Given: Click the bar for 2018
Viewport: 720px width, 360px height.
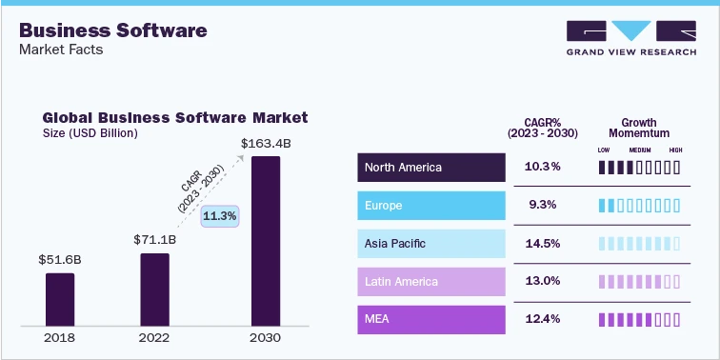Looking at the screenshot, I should tap(60, 299).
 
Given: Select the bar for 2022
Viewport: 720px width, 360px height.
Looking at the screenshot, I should tap(154, 289).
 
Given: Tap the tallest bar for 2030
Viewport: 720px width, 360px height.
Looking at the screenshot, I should tap(266, 241).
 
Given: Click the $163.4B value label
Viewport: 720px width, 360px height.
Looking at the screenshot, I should tap(266, 144).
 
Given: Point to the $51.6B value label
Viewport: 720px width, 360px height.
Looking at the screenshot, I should tap(60, 259).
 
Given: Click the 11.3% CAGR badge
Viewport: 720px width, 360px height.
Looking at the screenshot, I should tap(221, 216).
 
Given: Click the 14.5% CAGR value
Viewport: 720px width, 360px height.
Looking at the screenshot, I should tap(543, 244).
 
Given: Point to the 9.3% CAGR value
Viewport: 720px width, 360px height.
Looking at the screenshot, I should tap(543, 206).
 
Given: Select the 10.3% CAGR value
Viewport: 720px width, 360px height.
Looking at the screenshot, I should tap(543, 168).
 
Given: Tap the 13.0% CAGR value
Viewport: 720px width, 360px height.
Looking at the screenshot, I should tap(543, 282).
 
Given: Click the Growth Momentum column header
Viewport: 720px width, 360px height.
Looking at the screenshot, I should tap(639, 129).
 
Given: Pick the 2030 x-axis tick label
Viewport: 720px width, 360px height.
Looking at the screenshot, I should tap(266, 338).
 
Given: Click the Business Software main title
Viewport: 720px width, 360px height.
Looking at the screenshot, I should tap(113, 30).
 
